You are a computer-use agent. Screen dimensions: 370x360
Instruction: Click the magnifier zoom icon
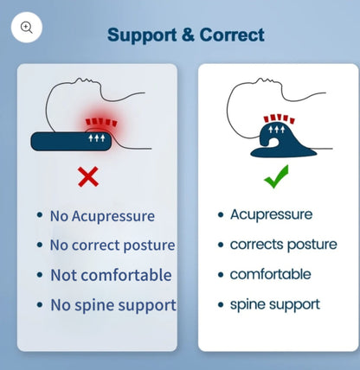[27, 27]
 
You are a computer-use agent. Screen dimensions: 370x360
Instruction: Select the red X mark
[88, 177]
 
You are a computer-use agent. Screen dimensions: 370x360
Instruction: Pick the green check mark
[276, 179]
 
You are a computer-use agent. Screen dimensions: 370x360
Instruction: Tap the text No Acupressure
[102, 216]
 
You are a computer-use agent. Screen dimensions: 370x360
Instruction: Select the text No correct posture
[112, 246]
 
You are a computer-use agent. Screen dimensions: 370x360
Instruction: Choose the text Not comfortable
[110, 275]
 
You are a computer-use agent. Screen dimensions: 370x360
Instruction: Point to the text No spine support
[112, 304]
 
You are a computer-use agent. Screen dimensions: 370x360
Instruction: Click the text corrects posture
[283, 245]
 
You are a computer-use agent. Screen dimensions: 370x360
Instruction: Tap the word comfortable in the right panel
[270, 274]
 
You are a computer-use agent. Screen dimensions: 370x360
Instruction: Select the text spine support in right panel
[274, 303]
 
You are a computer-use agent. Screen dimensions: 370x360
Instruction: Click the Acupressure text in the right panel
[271, 214]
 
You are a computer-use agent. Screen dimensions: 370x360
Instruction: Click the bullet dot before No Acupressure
[40, 216]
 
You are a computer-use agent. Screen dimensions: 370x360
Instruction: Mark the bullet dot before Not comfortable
[40, 276]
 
